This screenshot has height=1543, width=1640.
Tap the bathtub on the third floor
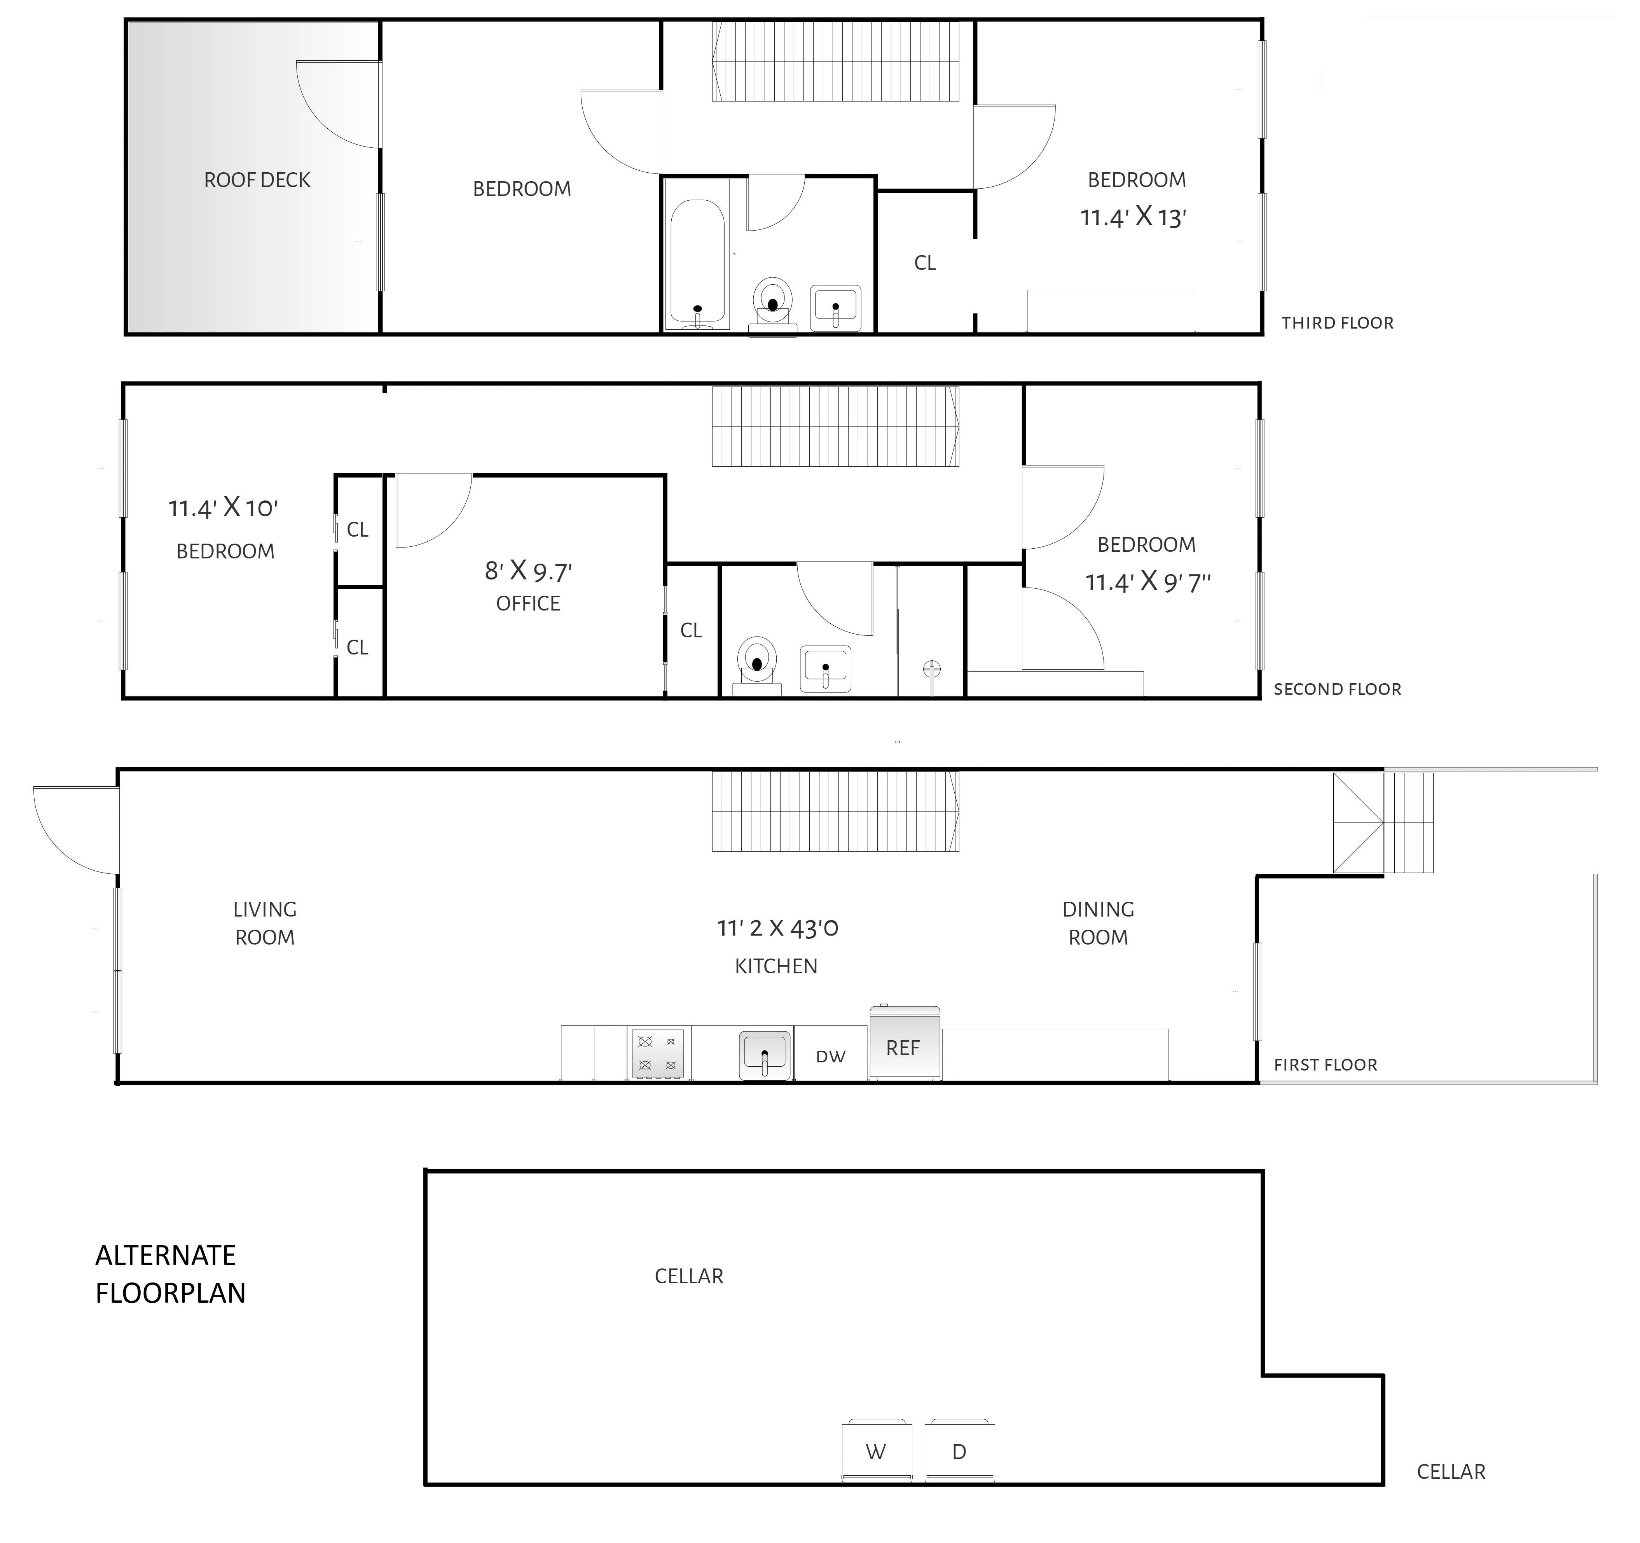click(x=697, y=262)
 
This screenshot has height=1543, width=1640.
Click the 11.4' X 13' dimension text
click(x=1134, y=217)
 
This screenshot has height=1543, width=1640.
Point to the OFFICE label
click(x=528, y=603)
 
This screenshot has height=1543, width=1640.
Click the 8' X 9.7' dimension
click(x=528, y=570)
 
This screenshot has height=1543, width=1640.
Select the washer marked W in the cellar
click(x=876, y=1451)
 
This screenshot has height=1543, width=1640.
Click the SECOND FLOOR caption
click(x=1337, y=689)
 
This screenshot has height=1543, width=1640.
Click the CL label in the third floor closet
click(x=925, y=262)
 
